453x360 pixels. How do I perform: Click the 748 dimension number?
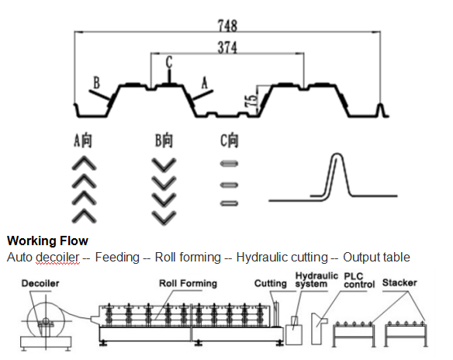tap(227, 26)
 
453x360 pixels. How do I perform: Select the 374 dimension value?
tap(227, 47)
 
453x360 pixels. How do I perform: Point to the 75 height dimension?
tap(251, 101)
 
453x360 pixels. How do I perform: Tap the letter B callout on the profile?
tap(97, 82)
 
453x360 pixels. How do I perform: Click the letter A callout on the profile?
tap(205, 83)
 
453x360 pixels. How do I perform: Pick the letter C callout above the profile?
tap(169, 62)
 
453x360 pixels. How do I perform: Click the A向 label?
tap(83, 140)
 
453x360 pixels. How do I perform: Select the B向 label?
tap(164, 140)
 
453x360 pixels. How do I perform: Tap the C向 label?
tap(230, 140)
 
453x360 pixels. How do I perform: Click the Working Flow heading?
tap(47, 241)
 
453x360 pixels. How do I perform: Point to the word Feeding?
tap(117, 257)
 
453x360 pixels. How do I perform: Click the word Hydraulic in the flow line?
tap(259, 257)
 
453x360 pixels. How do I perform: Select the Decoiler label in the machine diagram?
tap(40, 283)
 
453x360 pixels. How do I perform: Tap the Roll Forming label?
tap(188, 283)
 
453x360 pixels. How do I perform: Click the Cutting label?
tap(271, 283)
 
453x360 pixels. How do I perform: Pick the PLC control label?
tap(359, 280)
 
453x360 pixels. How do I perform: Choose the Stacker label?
tap(399, 282)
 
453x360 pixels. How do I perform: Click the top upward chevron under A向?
tap(84, 162)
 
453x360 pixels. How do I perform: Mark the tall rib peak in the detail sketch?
tap(337, 155)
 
